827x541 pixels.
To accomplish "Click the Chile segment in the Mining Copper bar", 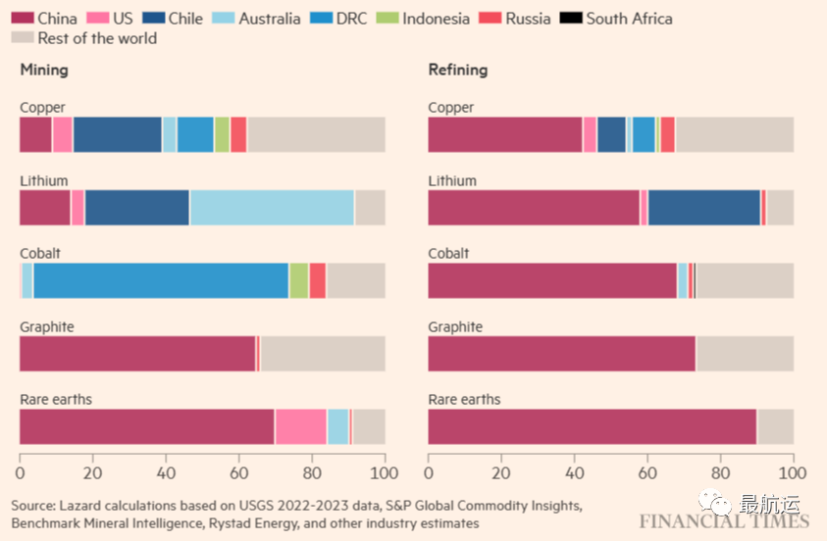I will tap(117, 134).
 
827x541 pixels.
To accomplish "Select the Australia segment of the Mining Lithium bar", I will tap(272, 208).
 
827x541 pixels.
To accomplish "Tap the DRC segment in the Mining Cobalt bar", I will tap(160, 280).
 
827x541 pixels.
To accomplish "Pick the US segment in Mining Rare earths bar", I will tap(300, 427).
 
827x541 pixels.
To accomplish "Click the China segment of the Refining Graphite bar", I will tap(561, 354).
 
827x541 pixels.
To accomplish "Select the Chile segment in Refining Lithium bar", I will tap(703, 208).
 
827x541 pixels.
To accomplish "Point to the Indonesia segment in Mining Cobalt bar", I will tap(298, 280).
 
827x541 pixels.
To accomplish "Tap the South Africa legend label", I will tap(630, 18).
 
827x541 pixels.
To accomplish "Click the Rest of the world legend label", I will tap(97, 38).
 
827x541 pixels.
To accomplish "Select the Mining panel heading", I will tap(44, 70).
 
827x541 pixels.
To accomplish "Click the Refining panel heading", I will tap(457, 70).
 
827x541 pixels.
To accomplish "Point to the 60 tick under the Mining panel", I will tap(238, 471).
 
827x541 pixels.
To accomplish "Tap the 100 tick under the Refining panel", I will tap(792, 471).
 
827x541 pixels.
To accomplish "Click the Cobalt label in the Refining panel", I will tap(448, 253).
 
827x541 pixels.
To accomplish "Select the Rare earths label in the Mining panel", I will tap(56, 399).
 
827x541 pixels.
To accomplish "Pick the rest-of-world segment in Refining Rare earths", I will tap(775, 427).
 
